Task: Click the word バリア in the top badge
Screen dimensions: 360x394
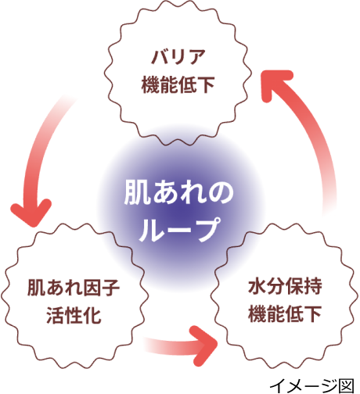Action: pos(178,57)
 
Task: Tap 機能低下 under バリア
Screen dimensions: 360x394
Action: pos(178,84)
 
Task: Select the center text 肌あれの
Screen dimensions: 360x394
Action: pos(179,192)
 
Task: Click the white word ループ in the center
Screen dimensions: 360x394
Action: pos(179,230)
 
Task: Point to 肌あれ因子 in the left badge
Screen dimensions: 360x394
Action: pos(74,288)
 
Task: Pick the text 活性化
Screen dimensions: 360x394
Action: pos(74,315)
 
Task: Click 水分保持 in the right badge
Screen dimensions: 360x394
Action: pos(285,286)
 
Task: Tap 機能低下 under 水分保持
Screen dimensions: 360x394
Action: pos(285,313)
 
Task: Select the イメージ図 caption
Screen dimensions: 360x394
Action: pos(312,385)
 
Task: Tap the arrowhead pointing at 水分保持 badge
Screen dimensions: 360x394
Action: pos(203,346)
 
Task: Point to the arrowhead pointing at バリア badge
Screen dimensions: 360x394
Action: pos(276,84)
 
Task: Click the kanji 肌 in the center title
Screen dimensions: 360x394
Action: pos(137,192)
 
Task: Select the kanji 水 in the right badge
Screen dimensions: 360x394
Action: pos(257,286)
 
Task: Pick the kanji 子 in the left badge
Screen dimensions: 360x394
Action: pos(111,288)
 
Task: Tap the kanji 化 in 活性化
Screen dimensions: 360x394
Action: pos(92,315)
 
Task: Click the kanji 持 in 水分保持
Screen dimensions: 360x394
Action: pos(313,286)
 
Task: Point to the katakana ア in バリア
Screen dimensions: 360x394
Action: pos(196,57)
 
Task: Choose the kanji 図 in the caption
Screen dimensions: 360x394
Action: pos(347,385)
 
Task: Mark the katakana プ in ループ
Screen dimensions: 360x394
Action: pos(206,230)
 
